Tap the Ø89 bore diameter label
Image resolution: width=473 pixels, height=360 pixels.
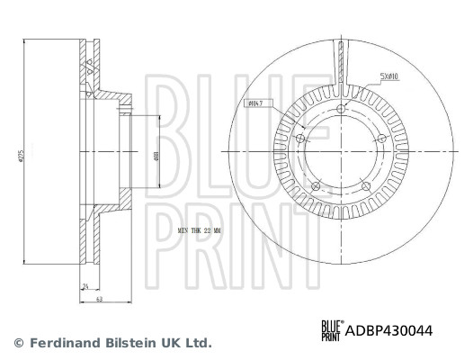pyautogui.click(x=158, y=155)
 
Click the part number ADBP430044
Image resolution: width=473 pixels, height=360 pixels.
pyautogui.click(x=389, y=330)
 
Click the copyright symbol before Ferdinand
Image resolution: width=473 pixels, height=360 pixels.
pyautogui.click(x=18, y=343)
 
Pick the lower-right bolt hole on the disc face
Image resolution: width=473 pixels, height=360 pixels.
pyautogui.click(x=367, y=187)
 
